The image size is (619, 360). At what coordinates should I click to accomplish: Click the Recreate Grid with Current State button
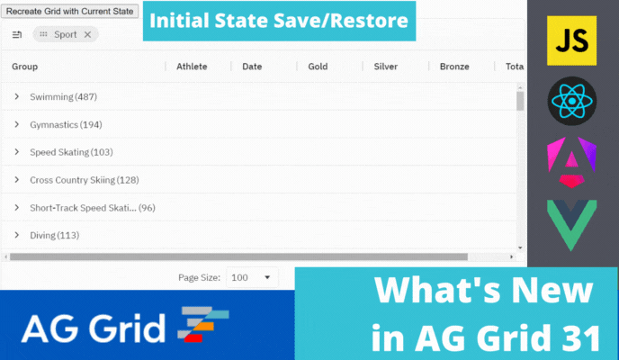(x=70, y=12)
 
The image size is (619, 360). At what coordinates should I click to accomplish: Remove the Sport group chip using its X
(x=87, y=34)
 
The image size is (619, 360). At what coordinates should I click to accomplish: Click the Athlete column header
(x=192, y=66)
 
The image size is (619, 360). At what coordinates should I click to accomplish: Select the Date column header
(x=252, y=66)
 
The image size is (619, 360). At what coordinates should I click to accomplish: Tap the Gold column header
(x=318, y=66)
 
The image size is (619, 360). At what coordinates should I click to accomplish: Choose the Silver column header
(x=385, y=66)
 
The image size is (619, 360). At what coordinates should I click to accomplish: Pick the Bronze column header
(x=453, y=66)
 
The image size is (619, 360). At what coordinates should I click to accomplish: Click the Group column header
(x=24, y=66)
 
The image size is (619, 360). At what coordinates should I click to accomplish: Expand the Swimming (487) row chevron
(x=16, y=96)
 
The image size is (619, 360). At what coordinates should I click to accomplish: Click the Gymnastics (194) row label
(x=65, y=124)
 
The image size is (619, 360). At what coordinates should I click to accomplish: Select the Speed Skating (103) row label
(x=70, y=152)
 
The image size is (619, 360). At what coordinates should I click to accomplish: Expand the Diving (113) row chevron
(x=16, y=235)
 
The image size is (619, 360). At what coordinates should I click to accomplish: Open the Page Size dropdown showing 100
(x=251, y=278)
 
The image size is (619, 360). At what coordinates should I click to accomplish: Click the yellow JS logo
(x=572, y=40)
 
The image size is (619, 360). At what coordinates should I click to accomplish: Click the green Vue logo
(x=572, y=225)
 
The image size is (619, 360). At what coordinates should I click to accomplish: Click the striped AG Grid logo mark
(x=202, y=326)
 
